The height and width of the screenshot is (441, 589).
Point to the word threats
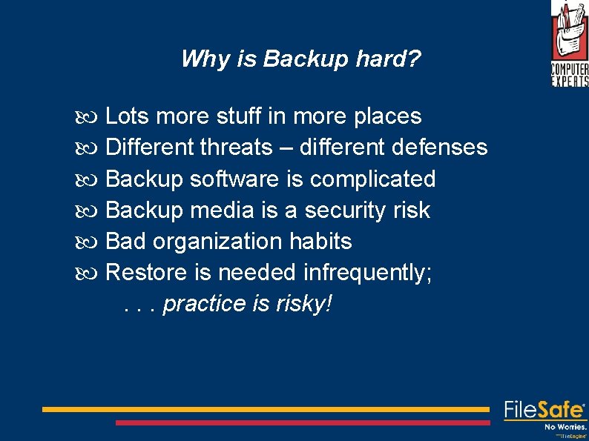[236, 147]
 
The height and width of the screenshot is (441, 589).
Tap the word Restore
[147, 273]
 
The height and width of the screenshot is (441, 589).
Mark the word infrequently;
[368, 273]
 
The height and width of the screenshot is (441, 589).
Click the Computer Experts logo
[569, 44]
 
